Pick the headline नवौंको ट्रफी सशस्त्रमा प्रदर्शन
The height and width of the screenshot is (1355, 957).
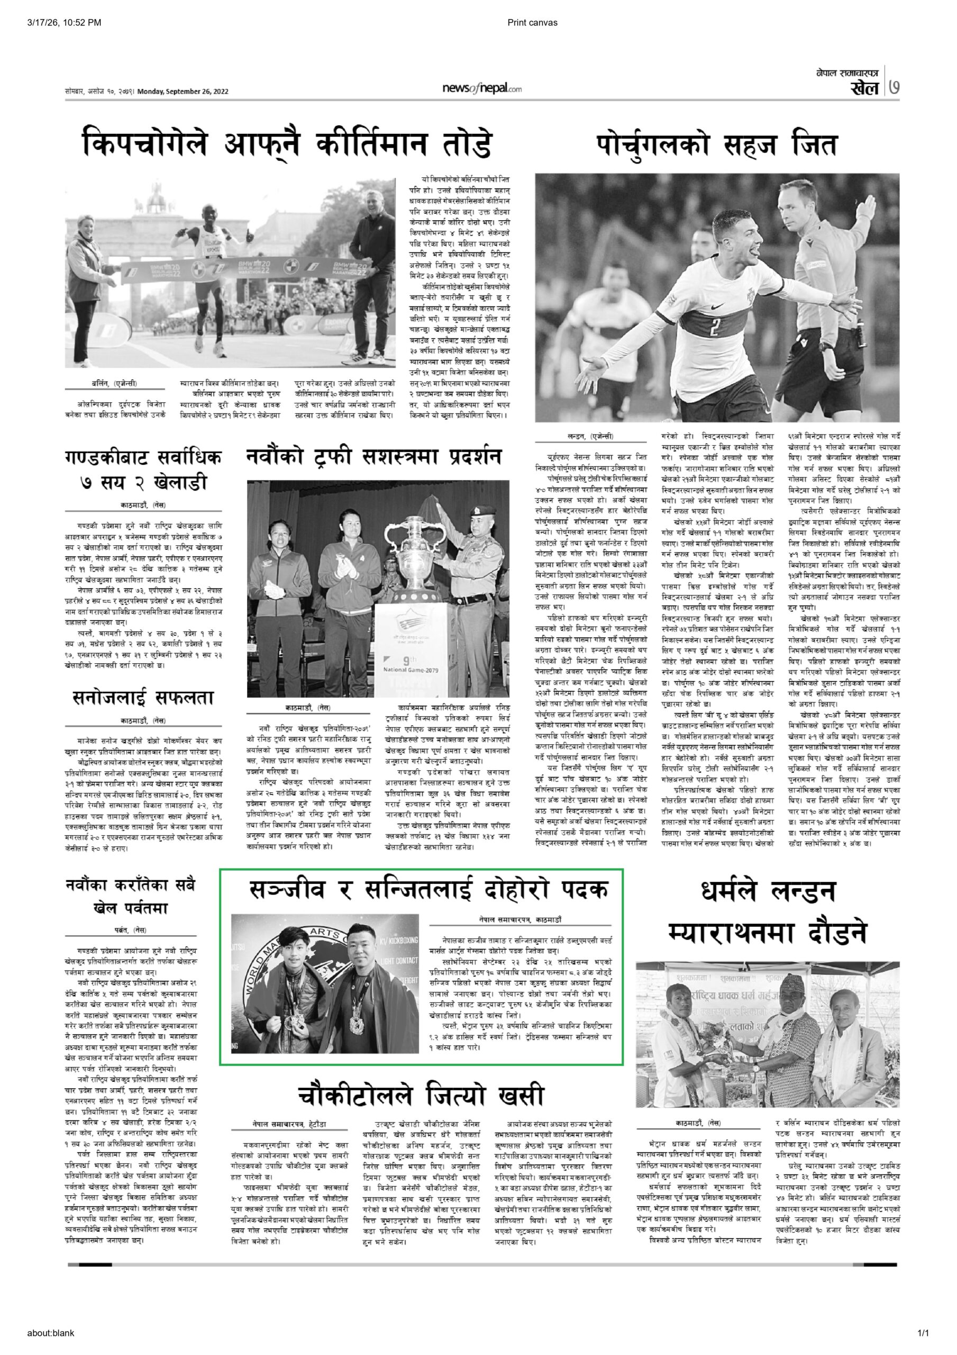(375, 457)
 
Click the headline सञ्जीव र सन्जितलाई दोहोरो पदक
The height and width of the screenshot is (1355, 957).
(421, 888)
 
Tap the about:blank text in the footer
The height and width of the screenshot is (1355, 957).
(51, 1344)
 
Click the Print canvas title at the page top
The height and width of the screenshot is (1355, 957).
(532, 23)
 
